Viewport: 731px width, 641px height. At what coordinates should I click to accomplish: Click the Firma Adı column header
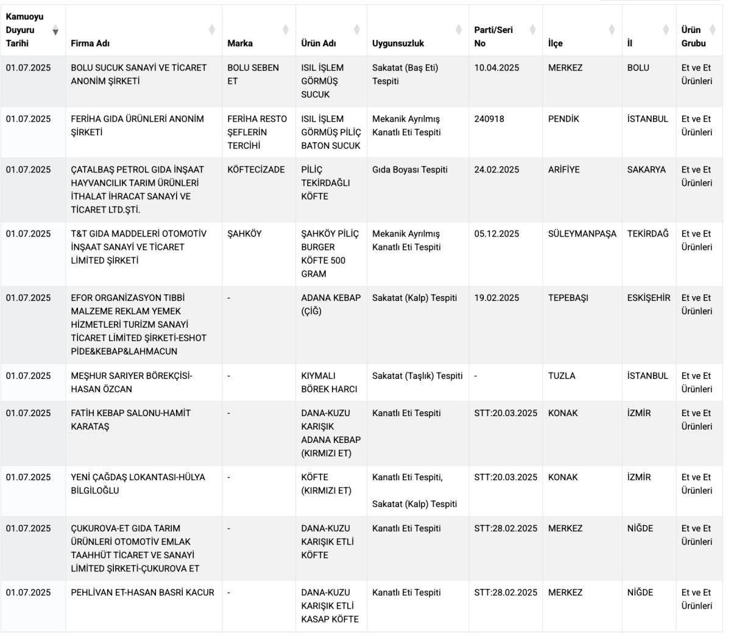click(90, 43)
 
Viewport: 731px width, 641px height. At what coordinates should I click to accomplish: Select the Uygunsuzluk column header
click(398, 43)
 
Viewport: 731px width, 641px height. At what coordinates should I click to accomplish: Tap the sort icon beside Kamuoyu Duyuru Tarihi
click(55, 30)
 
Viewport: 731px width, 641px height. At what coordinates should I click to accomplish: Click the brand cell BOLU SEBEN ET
click(253, 74)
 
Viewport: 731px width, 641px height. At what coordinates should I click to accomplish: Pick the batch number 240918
click(489, 119)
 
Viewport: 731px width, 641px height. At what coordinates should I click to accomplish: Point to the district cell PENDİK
click(564, 119)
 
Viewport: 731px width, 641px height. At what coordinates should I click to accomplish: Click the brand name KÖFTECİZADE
click(256, 169)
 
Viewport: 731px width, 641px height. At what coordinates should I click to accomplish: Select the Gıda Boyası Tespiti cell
click(409, 169)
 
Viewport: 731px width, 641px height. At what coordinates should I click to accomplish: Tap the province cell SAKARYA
click(646, 169)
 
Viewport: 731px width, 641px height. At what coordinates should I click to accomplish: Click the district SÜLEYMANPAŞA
click(582, 233)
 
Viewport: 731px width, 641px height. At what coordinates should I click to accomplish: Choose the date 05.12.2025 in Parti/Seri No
click(496, 233)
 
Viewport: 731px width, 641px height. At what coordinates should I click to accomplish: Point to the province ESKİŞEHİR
click(648, 298)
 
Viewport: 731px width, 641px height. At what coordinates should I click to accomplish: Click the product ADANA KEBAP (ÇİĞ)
click(331, 304)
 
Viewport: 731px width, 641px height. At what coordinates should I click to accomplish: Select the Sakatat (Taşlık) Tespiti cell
click(417, 376)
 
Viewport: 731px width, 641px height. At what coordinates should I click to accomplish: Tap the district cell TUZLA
click(561, 376)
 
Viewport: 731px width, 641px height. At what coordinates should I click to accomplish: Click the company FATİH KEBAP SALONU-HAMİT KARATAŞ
click(130, 419)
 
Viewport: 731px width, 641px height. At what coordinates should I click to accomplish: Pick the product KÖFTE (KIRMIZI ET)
click(326, 484)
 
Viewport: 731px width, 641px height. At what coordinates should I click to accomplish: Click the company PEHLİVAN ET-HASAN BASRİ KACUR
click(143, 592)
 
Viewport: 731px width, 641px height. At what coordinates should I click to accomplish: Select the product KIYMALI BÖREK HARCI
click(329, 382)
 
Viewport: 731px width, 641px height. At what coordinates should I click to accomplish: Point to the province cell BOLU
click(638, 68)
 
